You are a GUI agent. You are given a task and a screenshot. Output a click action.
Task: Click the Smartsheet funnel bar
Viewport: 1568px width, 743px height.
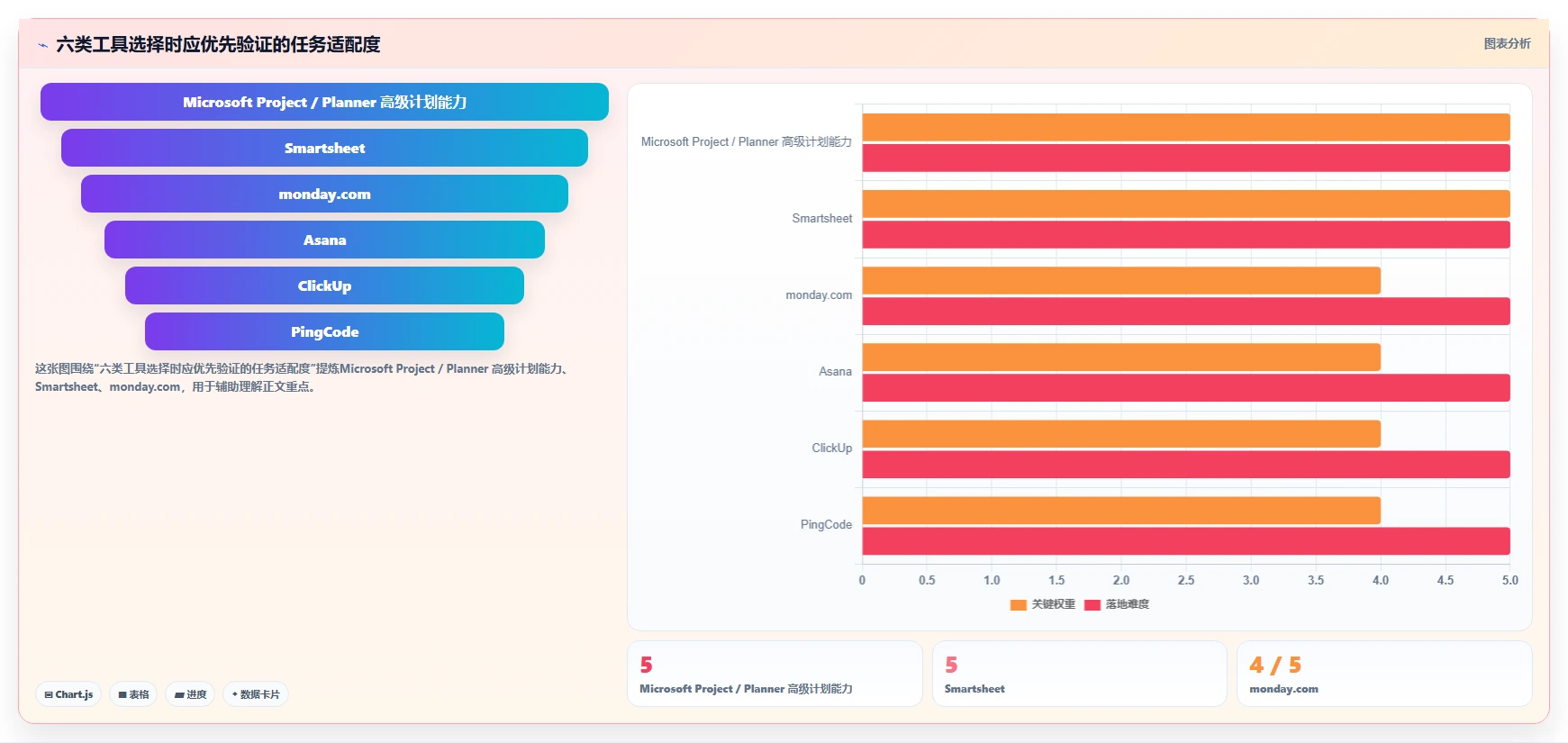[324, 148]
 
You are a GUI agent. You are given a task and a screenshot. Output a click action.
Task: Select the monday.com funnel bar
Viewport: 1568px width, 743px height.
[324, 194]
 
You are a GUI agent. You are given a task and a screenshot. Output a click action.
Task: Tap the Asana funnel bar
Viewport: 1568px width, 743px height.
[324, 240]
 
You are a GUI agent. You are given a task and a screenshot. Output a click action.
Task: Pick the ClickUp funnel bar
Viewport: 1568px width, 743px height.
[324, 285]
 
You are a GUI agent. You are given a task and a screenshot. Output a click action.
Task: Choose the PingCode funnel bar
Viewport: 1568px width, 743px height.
[324, 331]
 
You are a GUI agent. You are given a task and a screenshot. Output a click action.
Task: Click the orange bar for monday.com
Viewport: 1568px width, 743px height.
[1121, 280]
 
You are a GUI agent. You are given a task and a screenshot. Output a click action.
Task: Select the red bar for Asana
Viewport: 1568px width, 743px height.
[1186, 387]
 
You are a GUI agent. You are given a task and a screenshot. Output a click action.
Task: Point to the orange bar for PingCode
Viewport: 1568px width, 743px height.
[1121, 511]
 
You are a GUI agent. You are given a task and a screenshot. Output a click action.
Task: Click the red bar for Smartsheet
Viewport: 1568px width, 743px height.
[1186, 234]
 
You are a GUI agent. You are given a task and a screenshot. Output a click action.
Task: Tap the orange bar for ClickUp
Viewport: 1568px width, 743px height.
[1121, 434]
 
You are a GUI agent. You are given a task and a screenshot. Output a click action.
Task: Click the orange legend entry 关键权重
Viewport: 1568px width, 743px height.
[1043, 604]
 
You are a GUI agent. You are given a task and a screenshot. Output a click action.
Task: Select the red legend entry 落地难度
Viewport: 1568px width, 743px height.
[1117, 604]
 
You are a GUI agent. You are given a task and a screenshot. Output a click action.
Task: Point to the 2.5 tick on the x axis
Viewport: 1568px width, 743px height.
[1186, 580]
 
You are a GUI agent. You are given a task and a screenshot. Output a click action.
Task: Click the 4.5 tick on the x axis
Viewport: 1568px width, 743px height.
[1446, 580]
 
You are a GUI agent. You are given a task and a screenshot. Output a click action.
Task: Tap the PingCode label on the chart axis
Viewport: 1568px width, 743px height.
[826, 524]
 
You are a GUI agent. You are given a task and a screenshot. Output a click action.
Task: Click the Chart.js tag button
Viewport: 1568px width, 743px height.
[68, 694]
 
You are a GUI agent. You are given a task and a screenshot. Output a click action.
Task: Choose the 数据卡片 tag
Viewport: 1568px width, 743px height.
[256, 694]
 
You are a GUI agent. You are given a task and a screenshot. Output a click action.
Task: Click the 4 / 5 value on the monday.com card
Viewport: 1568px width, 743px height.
[1275, 665]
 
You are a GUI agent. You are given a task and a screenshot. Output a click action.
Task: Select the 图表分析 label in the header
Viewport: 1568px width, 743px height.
[1507, 43]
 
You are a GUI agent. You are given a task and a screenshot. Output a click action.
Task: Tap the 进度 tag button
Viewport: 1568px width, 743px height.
[190, 694]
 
